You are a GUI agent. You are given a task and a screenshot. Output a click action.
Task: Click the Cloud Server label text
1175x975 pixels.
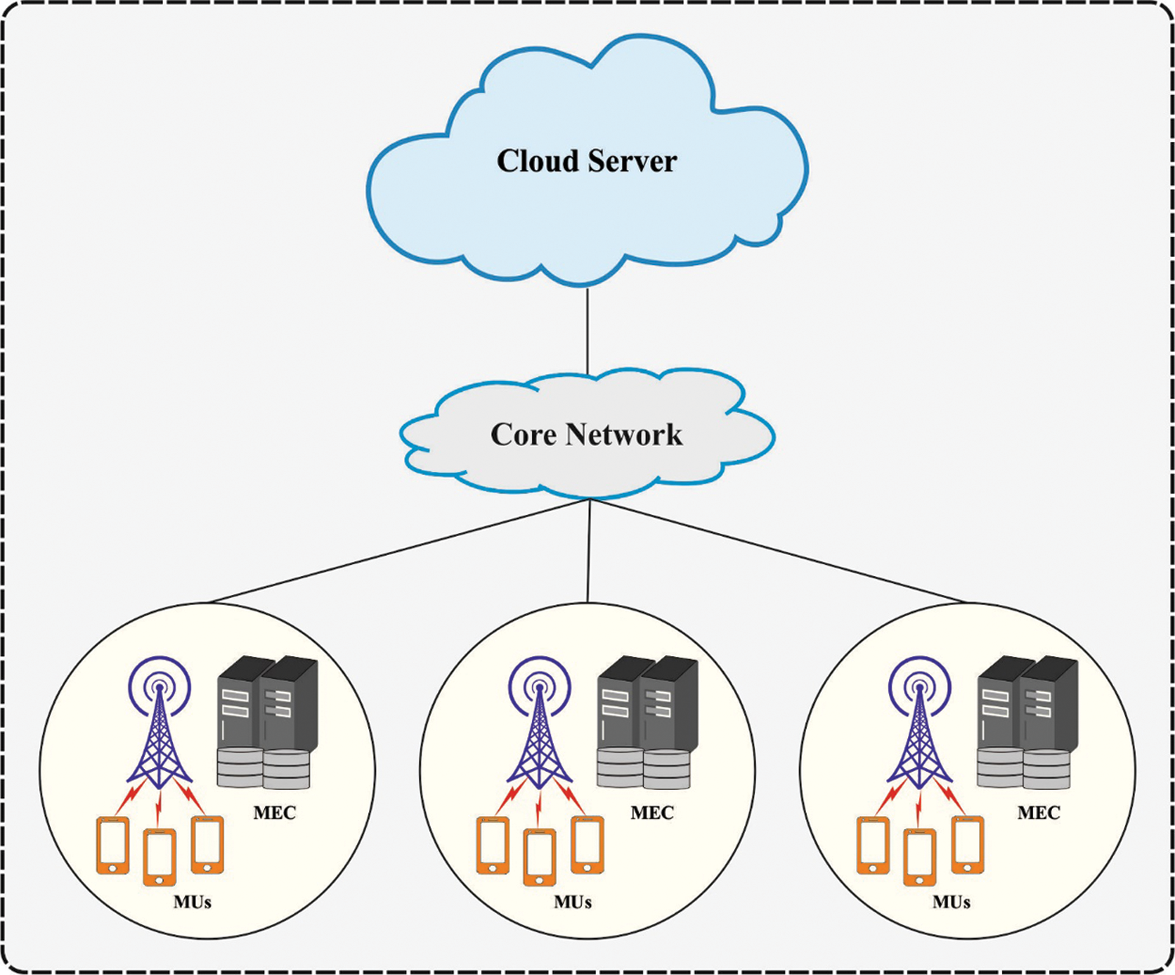tap(587, 161)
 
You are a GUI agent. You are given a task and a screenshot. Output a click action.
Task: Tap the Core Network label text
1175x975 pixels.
tap(586, 434)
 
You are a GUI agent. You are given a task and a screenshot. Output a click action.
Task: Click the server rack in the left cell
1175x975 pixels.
tap(266, 721)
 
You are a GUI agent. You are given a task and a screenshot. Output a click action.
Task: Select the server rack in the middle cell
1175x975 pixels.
tap(646, 721)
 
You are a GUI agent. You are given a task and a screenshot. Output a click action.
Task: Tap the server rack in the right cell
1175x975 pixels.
tap(1027, 721)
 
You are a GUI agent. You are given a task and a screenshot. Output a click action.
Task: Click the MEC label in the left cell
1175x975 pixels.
tap(274, 813)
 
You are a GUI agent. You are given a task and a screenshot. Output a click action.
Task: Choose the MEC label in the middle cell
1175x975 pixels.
tap(652, 813)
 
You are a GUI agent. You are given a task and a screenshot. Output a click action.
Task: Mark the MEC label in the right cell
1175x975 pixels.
tap(1039, 813)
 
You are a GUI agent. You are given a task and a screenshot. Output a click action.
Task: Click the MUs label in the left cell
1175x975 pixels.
tap(192, 902)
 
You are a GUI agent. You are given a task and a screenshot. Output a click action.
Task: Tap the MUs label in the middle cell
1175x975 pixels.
tap(573, 902)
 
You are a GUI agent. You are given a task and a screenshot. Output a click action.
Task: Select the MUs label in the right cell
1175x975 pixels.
tap(951, 902)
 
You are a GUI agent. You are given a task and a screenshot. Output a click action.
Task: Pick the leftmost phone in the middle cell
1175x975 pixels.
tap(493, 845)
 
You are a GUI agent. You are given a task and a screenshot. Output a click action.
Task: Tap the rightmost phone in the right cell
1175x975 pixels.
tap(967, 845)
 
